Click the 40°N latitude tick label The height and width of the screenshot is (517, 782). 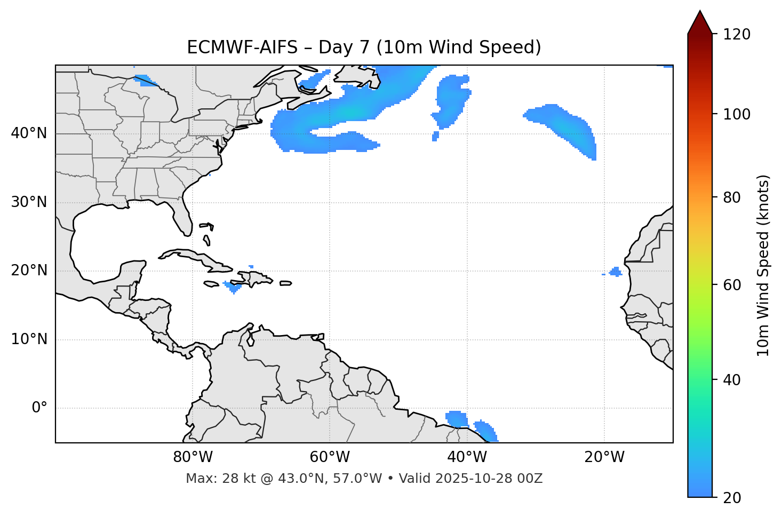point(29,133)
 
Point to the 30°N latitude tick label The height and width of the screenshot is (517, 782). point(29,202)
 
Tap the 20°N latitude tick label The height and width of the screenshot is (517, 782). point(29,271)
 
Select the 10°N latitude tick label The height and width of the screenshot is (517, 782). point(29,339)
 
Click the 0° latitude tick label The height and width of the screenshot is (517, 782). point(39,408)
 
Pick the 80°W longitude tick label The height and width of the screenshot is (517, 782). point(193,457)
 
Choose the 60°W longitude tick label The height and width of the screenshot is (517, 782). point(330,457)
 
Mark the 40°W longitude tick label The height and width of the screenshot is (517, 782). point(467,457)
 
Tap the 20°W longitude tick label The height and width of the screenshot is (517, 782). point(604,457)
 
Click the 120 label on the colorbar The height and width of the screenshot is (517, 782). point(737,34)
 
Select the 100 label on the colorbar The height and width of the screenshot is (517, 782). point(737,114)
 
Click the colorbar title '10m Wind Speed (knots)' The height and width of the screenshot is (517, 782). point(763,265)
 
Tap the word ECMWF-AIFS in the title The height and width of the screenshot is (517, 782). point(242,47)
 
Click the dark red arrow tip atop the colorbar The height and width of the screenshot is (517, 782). point(700,21)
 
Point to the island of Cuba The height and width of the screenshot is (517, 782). point(192,257)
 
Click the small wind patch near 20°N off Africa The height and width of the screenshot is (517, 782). point(616,272)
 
